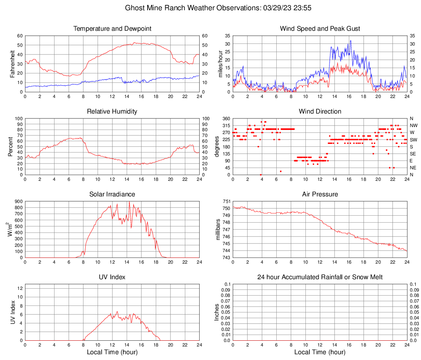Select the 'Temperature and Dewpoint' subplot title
click(112, 29)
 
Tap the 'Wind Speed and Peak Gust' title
click(320, 29)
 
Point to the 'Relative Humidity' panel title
click(112, 112)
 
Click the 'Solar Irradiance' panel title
click(112, 194)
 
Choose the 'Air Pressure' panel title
click(320, 194)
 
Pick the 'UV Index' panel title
click(112, 277)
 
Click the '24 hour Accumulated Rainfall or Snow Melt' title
click(320, 277)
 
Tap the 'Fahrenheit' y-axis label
click(11, 64)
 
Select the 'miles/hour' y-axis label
click(220, 64)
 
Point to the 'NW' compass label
click(413, 125)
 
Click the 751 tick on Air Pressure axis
click(226, 202)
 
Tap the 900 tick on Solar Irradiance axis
click(18, 202)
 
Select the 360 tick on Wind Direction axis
click(226, 119)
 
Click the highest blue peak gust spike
click(350, 41)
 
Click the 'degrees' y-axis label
click(218, 146)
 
